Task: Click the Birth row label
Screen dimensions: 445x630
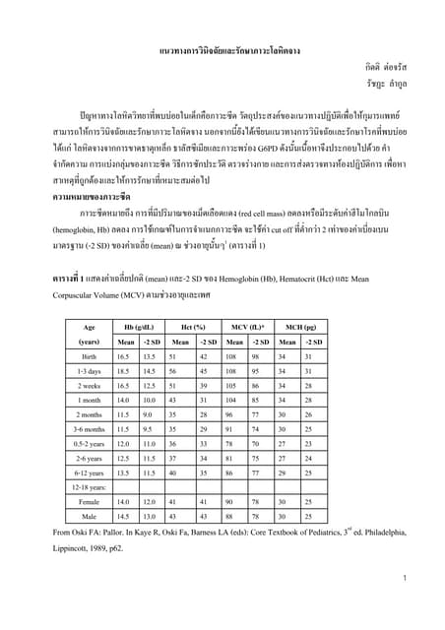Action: pos(89,357)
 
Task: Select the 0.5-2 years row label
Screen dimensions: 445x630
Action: pos(89,444)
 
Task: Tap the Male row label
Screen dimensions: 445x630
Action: pos(90,516)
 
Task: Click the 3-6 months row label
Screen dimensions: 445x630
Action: pos(89,429)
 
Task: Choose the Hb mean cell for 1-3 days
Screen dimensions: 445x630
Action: pos(123,372)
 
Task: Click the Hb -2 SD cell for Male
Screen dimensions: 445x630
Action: pos(149,516)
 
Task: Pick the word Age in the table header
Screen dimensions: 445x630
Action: pos(90,327)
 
